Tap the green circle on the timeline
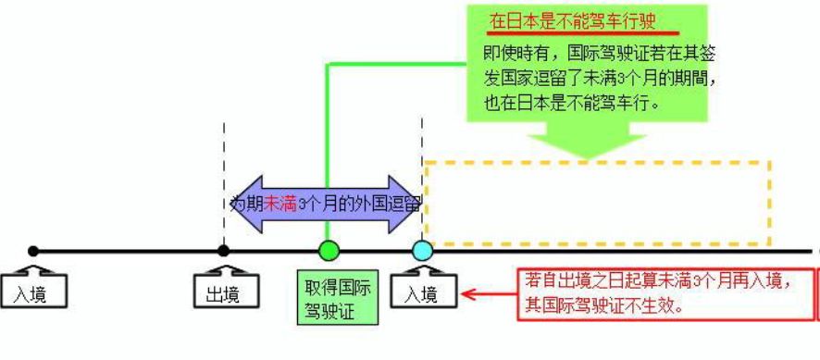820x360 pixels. [x=329, y=250]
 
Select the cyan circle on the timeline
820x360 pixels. [x=422, y=250]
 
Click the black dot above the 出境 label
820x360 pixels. [x=223, y=250]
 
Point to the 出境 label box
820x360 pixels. [x=222, y=294]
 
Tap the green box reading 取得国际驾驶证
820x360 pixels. [x=339, y=297]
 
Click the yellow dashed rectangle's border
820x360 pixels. [x=597, y=164]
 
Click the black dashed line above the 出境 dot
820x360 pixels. [x=224, y=148]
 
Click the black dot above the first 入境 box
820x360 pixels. [x=33, y=251]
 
